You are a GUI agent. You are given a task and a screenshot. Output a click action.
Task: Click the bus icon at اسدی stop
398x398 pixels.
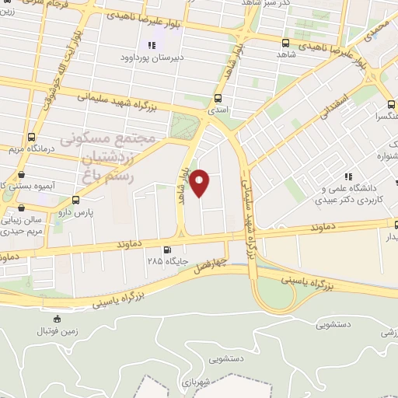point(217,99)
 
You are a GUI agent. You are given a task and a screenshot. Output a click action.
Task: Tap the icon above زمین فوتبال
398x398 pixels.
point(56,319)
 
